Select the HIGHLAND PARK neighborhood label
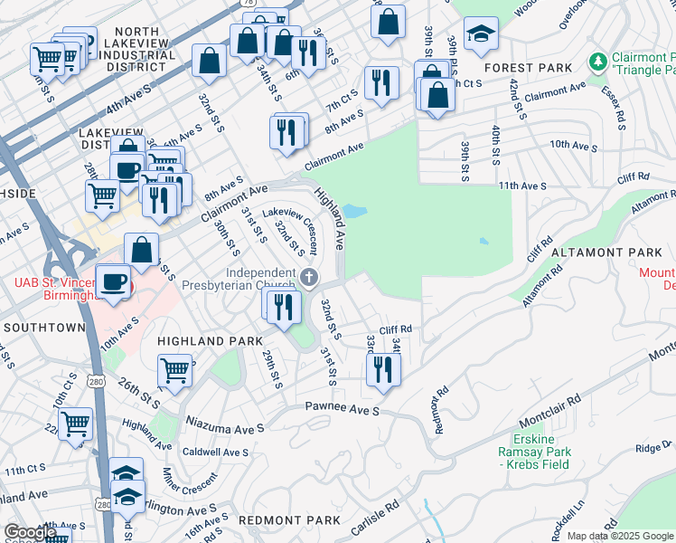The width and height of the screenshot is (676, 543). (x=203, y=340)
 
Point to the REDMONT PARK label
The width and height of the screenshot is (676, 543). (x=289, y=520)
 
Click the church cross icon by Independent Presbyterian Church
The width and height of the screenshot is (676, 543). (x=310, y=277)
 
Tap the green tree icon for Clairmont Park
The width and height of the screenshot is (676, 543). (x=597, y=62)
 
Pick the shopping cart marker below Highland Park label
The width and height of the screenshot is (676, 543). (x=174, y=369)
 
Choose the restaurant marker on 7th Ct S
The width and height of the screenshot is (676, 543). (x=381, y=83)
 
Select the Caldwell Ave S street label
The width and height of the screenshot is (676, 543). (x=214, y=452)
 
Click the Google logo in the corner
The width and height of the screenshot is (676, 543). (x=31, y=532)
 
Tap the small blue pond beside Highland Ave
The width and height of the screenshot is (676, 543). (x=353, y=212)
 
